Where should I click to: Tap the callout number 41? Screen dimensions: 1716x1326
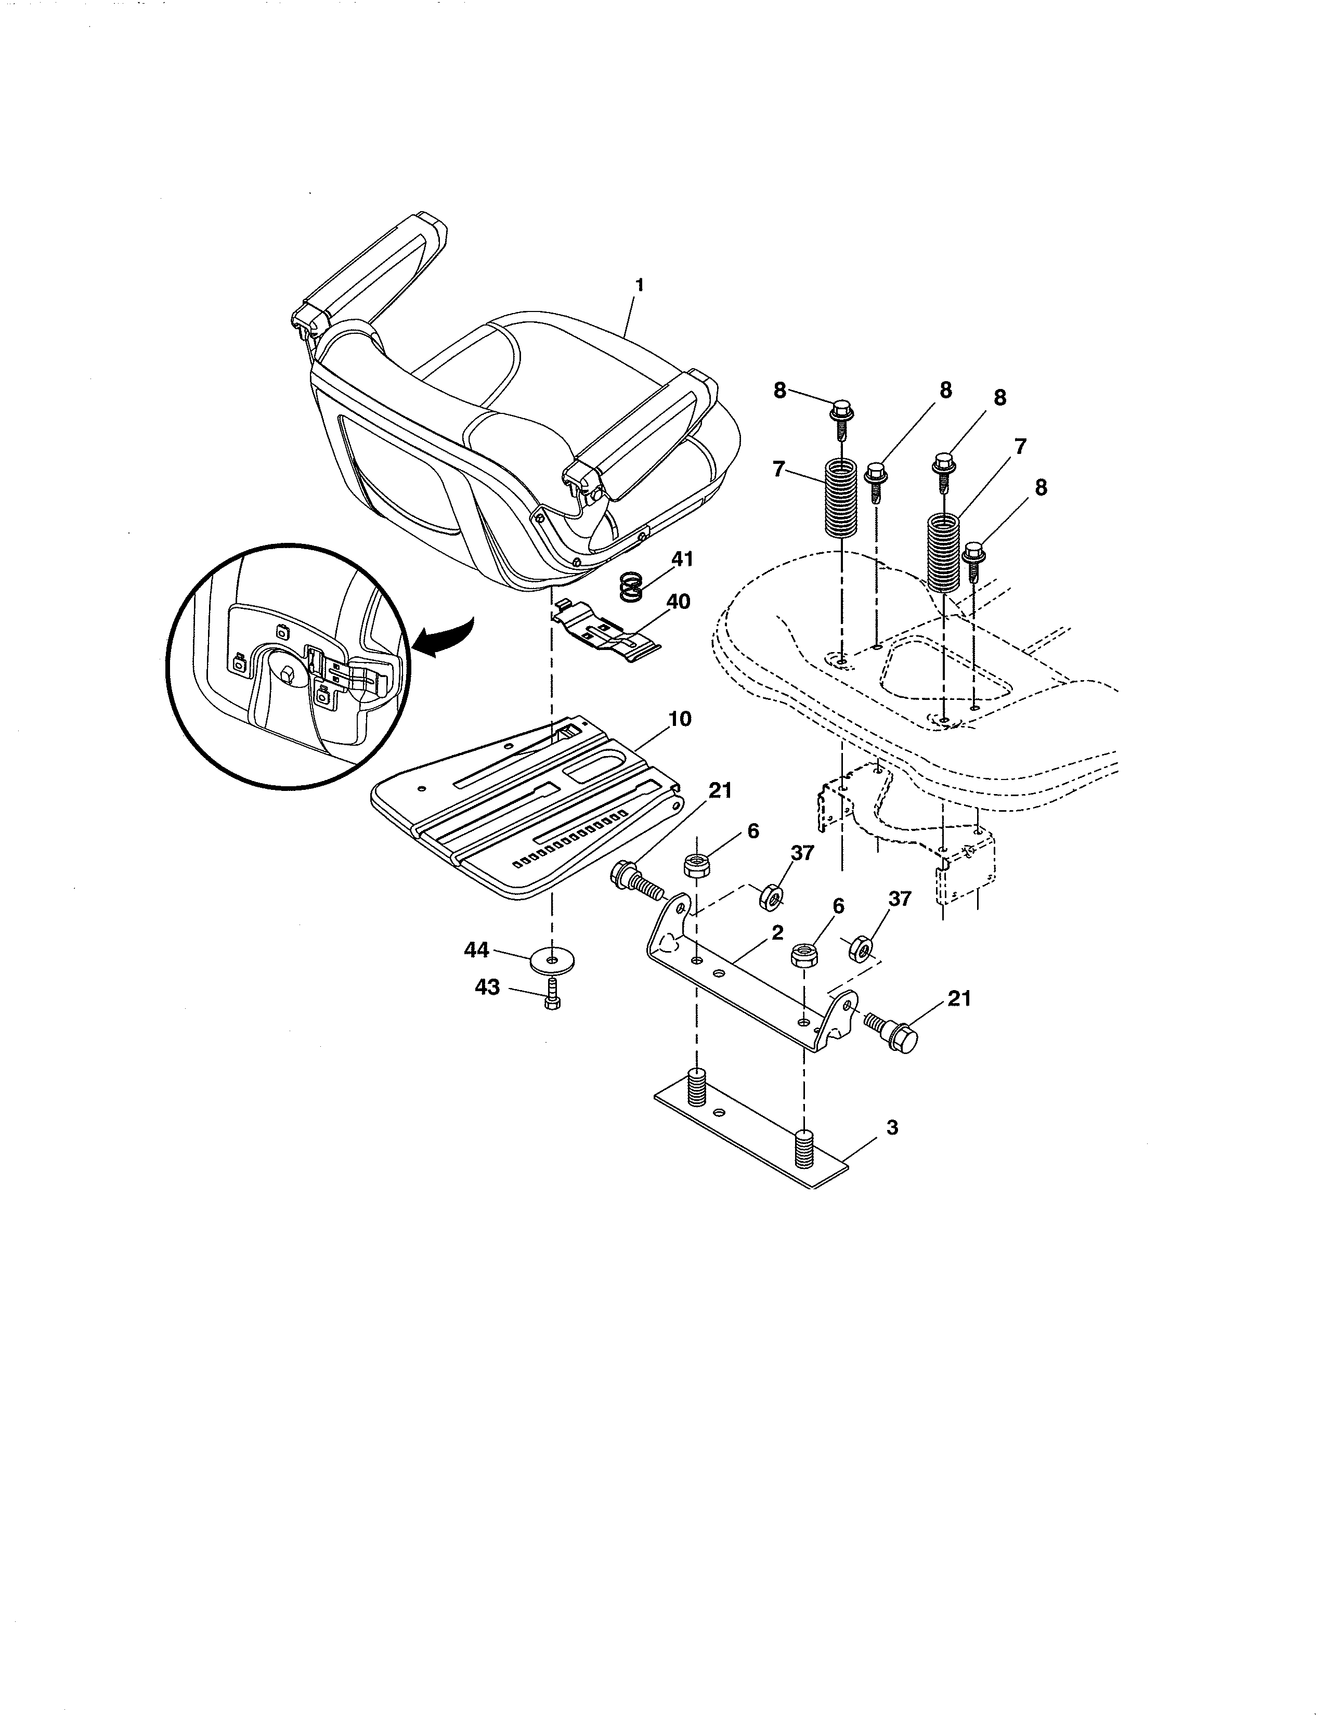pyautogui.click(x=682, y=560)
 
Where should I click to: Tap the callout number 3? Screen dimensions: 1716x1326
pyautogui.click(x=892, y=1127)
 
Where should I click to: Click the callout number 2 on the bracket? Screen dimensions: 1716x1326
pyautogui.click(x=777, y=933)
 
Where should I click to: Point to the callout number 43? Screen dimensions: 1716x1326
pyautogui.click(x=487, y=987)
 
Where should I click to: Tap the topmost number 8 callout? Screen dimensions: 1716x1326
pyautogui.click(x=779, y=391)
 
